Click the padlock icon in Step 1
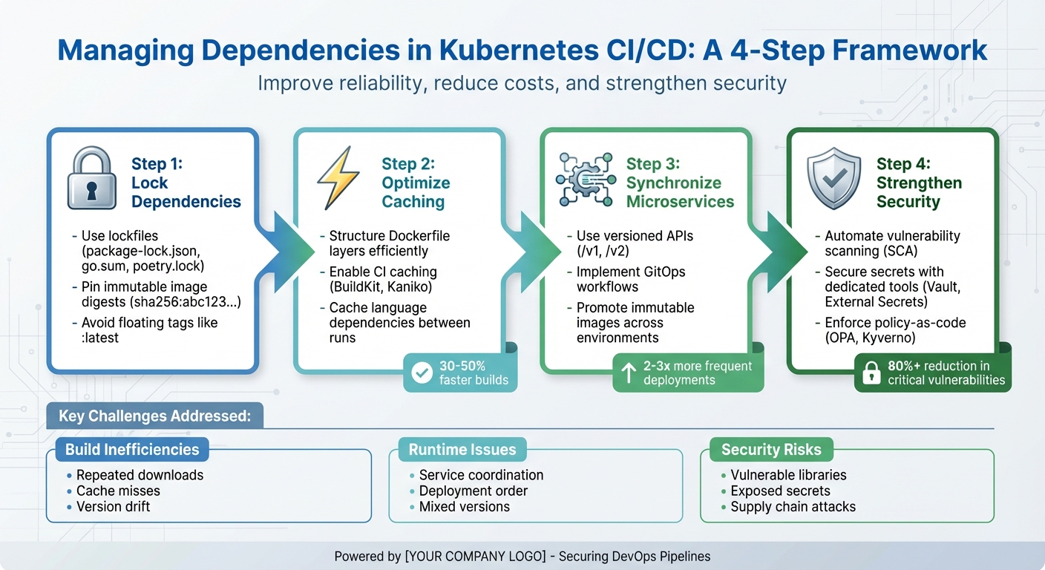[x=92, y=178]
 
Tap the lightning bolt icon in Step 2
[x=338, y=178]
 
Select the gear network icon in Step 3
[x=585, y=179]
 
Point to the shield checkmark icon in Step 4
[x=833, y=178]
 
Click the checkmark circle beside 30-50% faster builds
[x=422, y=373]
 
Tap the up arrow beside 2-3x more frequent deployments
[x=629, y=373]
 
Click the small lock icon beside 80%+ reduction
[x=869, y=373]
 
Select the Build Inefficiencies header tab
[x=132, y=450]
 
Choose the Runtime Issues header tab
[x=462, y=450]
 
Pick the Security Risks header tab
[x=771, y=450]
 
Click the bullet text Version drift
[x=113, y=507]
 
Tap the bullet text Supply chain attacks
[x=793, y=507]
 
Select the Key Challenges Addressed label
[x=154, y=416]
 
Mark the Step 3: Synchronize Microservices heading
[x=680, y=183]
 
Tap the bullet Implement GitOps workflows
[x=630, y=279]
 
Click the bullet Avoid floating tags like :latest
[x=149, y=330]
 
